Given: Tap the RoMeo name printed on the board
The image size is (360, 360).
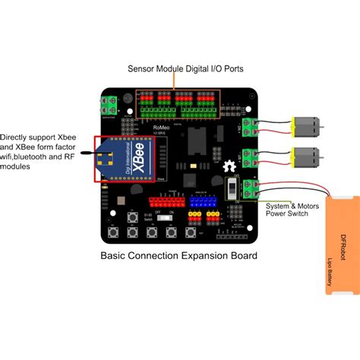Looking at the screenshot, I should tap(162, 128).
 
